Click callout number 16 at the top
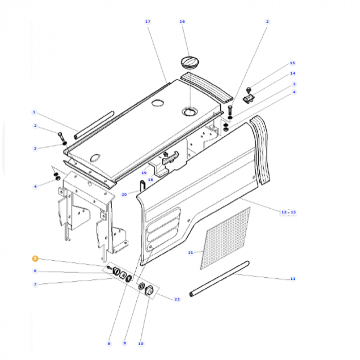[x=182, y=22]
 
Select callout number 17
[x=148, y=22]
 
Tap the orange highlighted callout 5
[x=35, y=258]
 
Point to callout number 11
[x=293, y=279]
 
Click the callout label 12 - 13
[x=289, y=212]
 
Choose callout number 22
[x=177, y=299]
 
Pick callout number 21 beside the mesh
[x=191, y=253]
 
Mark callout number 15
[x=293, y=63]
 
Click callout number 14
[x=293, y=74]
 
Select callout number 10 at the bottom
[x=140, y=343]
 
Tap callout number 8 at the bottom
[x=109, y=343]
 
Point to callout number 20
[x=124, y=194]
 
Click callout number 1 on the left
[x=34, y=112]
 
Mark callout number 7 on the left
[x=35, y=284]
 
